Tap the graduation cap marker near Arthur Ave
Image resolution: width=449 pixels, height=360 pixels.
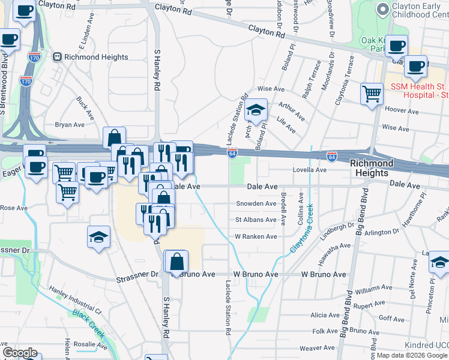coord(256,110)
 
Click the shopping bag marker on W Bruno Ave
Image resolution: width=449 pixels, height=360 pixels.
coord(176,262)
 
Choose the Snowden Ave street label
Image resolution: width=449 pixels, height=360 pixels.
coord(256,203)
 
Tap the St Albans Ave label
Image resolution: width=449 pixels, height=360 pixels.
coord(256,220)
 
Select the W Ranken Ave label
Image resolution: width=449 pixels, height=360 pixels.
coord(256,236)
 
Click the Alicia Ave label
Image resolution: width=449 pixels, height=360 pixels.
coord(325,315)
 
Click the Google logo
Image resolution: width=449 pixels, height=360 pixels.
coord(19,353)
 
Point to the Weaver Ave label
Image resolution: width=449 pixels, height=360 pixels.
coord(316,348)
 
